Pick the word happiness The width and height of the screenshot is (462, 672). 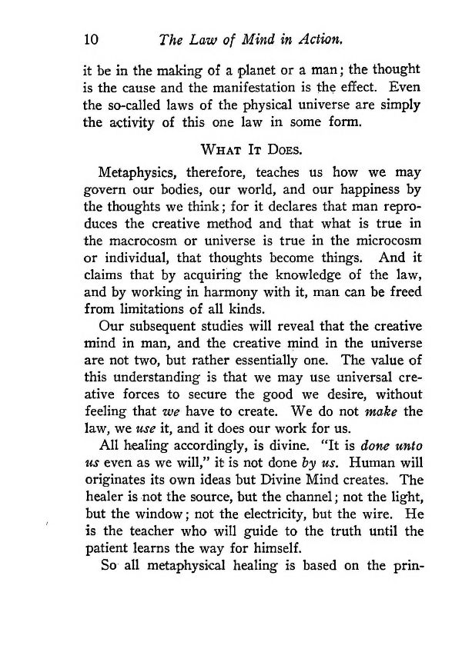[356, 191]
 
